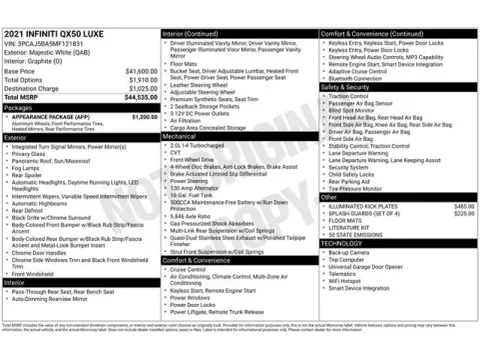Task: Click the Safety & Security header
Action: point(351,87)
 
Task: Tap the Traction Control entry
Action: point(349,96)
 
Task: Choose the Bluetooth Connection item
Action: point(359,78)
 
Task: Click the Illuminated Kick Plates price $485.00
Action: point(463,206)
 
